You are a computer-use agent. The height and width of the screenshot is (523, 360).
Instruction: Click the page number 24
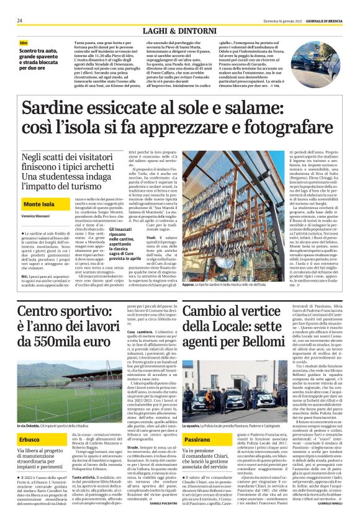coord(20,20)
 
